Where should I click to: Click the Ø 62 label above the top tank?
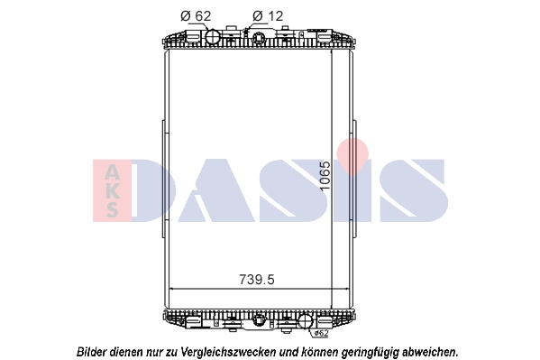196,16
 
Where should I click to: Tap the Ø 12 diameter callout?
268,16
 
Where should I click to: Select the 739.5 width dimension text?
257,280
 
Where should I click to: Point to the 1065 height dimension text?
325,176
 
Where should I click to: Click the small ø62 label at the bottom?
321,333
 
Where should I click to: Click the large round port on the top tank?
213,36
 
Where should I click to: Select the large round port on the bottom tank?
305,321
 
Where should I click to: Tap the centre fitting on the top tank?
259,37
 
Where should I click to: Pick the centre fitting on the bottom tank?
259,319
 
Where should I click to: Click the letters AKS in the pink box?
113,190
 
